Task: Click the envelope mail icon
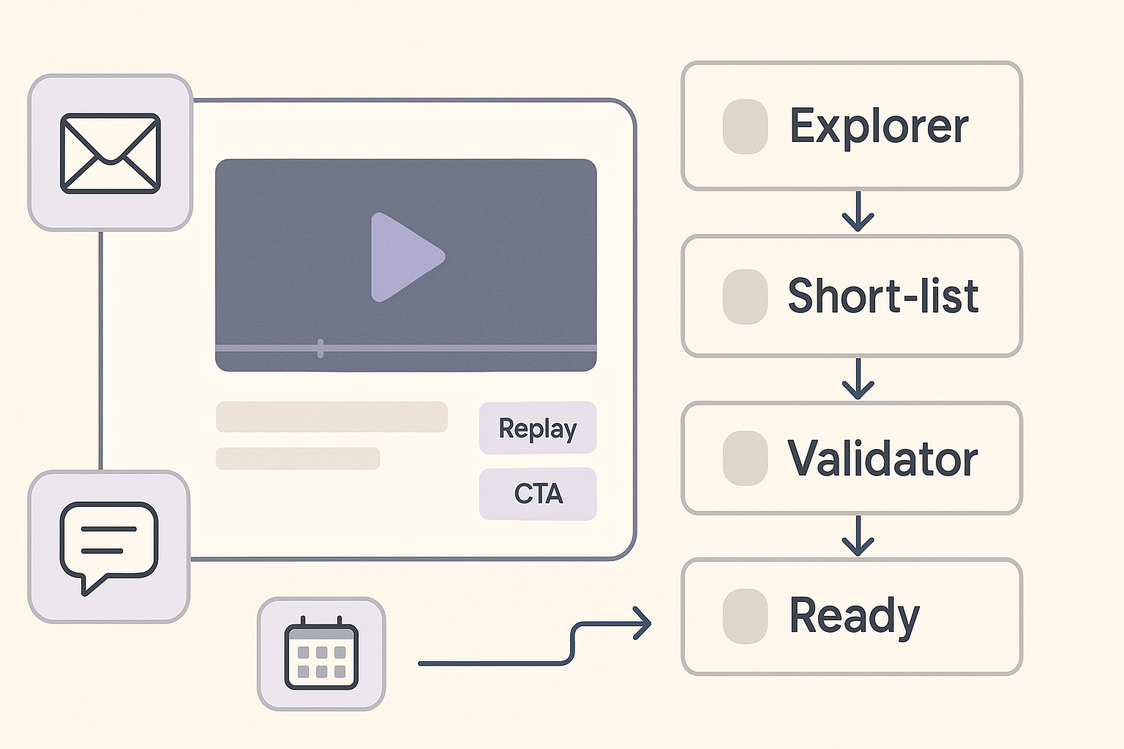click(110, 154)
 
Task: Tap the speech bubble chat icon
click(109, 546)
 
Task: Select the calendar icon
click(321, 654)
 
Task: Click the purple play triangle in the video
click(405, 257)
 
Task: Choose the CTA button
click(538, 494)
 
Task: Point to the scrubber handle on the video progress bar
click(321, 348)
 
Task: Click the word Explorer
click(879, 127)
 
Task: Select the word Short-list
click(883, 296)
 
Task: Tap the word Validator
click(883, 459)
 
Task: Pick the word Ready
click(854, 616)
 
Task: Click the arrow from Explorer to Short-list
click(858, 212)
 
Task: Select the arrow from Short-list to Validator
click(858, 379)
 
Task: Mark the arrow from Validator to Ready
click(858, 536)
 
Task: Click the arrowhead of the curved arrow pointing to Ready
click(642, 624)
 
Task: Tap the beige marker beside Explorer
click(745, 127)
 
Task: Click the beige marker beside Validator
click(745, 458)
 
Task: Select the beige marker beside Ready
click(745, 616)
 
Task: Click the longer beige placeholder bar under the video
click(331, 417)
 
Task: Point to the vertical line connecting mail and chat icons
click(100, 351)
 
